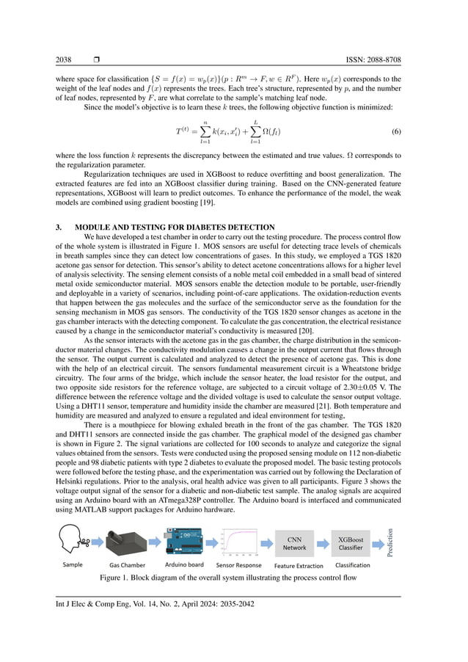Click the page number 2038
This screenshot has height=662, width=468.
tap(65, 59)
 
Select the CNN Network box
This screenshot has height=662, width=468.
tap(295, 543)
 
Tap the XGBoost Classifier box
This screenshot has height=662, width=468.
tap(351, 543)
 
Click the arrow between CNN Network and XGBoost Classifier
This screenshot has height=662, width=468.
tap(323, 543)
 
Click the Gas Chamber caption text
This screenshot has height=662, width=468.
tap(128, 566)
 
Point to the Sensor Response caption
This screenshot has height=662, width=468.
tap(239, 566)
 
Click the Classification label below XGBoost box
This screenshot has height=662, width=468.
tap(352, 565)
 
